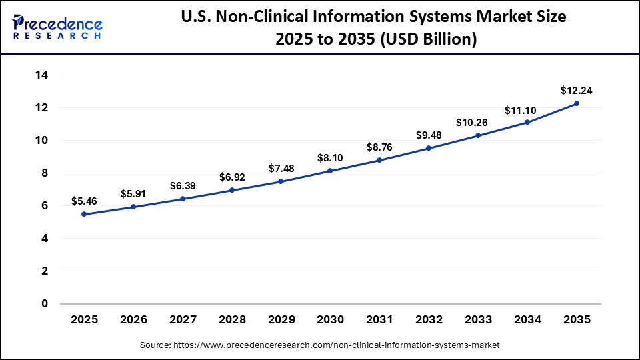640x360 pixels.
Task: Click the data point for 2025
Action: click(x=84, y=214)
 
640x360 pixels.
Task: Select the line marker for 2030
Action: click(x=329, y=171)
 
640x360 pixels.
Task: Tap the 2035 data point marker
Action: click(x=576, y=103)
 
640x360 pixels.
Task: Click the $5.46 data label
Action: click(x=85, y=200)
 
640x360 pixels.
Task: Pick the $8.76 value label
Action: click(x=379, y=147)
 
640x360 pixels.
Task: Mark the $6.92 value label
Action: click(x=232, y=178)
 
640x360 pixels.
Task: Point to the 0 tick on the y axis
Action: click(x=45, y=304)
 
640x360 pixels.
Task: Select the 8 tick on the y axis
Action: click(x=45, y=173)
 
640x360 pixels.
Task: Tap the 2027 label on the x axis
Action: click(x=183, y=320)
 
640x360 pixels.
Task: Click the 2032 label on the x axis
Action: click(x=429, y=320)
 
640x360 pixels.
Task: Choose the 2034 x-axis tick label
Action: click(x=527, y=320)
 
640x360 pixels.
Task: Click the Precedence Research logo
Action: click(x=57, y=27)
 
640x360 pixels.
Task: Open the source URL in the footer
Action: click(x=319, y=345)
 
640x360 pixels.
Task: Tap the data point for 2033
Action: click(x=477, y=135)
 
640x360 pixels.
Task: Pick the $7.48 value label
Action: click(x=281, y=169)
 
